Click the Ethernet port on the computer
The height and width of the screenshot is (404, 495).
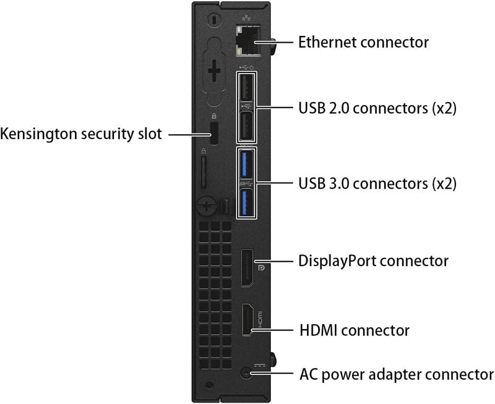click(248, 41)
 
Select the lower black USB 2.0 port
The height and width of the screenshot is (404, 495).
click(246, 126)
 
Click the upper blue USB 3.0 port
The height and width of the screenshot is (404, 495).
click(246, 164)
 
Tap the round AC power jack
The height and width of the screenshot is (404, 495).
click(246, 374)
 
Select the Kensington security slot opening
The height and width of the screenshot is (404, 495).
click(214, 134)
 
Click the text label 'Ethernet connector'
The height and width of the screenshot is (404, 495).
click(363, 42)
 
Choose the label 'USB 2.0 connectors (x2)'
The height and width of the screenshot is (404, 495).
click(377, 108)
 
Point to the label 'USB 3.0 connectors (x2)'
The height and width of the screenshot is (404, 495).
click(377, 183)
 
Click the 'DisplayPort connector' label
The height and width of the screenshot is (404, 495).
click(373, 261)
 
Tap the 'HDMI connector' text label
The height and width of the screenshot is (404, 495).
click(354, 330)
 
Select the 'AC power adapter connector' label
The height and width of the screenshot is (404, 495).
click(397, 375)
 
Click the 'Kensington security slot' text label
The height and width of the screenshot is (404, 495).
click(81, 134)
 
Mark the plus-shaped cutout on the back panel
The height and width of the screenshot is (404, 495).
click(214, 71)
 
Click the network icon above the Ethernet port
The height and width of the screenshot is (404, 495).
click(246, 18)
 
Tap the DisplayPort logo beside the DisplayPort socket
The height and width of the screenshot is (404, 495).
click(261, 268)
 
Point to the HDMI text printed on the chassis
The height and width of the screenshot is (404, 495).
click(260, 319)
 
